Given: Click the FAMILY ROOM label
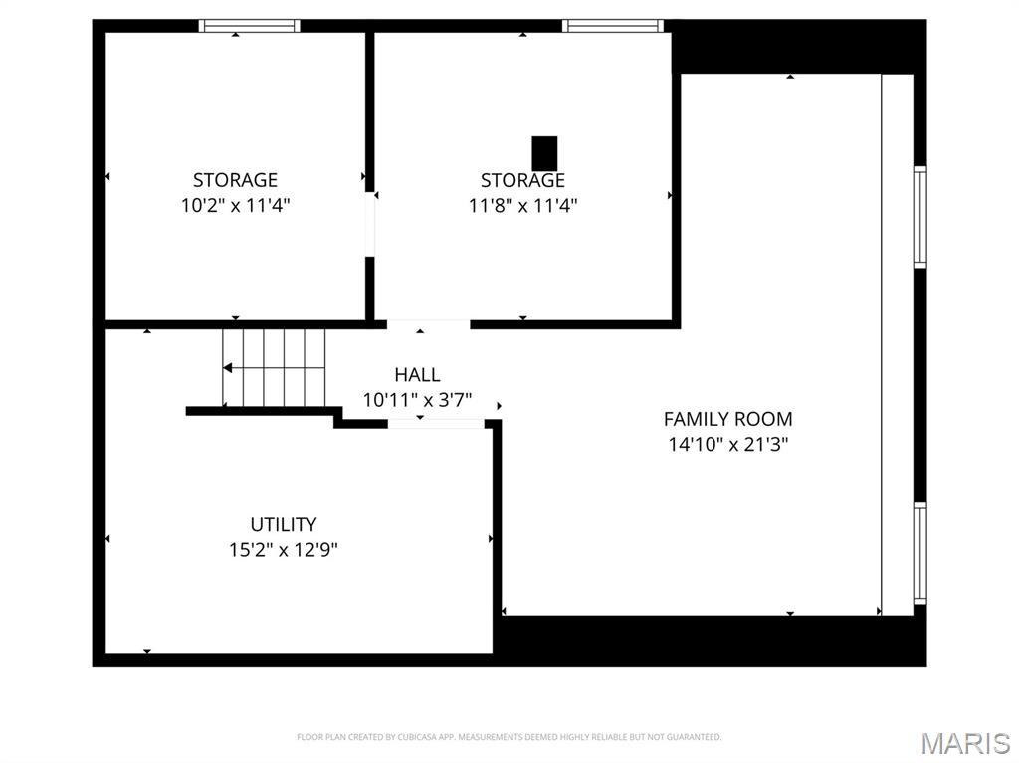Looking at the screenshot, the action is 727,419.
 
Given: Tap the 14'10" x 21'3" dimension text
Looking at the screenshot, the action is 727,445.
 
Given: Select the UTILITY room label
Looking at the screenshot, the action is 284,524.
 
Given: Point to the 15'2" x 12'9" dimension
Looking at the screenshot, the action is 284,550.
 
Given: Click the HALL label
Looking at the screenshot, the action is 417,374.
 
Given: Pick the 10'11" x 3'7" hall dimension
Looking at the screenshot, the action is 417,400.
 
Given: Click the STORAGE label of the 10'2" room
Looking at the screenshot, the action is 235,180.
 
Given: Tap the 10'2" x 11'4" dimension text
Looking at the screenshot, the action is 235,206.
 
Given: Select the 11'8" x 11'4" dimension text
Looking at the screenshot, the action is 523,206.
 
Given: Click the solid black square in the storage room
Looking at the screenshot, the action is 544,153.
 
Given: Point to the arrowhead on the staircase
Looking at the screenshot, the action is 228,368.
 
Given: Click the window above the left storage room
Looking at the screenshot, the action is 249,25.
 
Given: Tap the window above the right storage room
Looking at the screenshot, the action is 613,25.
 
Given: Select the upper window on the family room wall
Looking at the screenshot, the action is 920,217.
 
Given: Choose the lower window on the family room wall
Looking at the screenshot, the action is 920,553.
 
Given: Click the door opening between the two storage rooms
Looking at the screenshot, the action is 370,224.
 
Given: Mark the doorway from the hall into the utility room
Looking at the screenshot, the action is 436,424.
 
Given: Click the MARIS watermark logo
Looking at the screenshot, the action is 965,743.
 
